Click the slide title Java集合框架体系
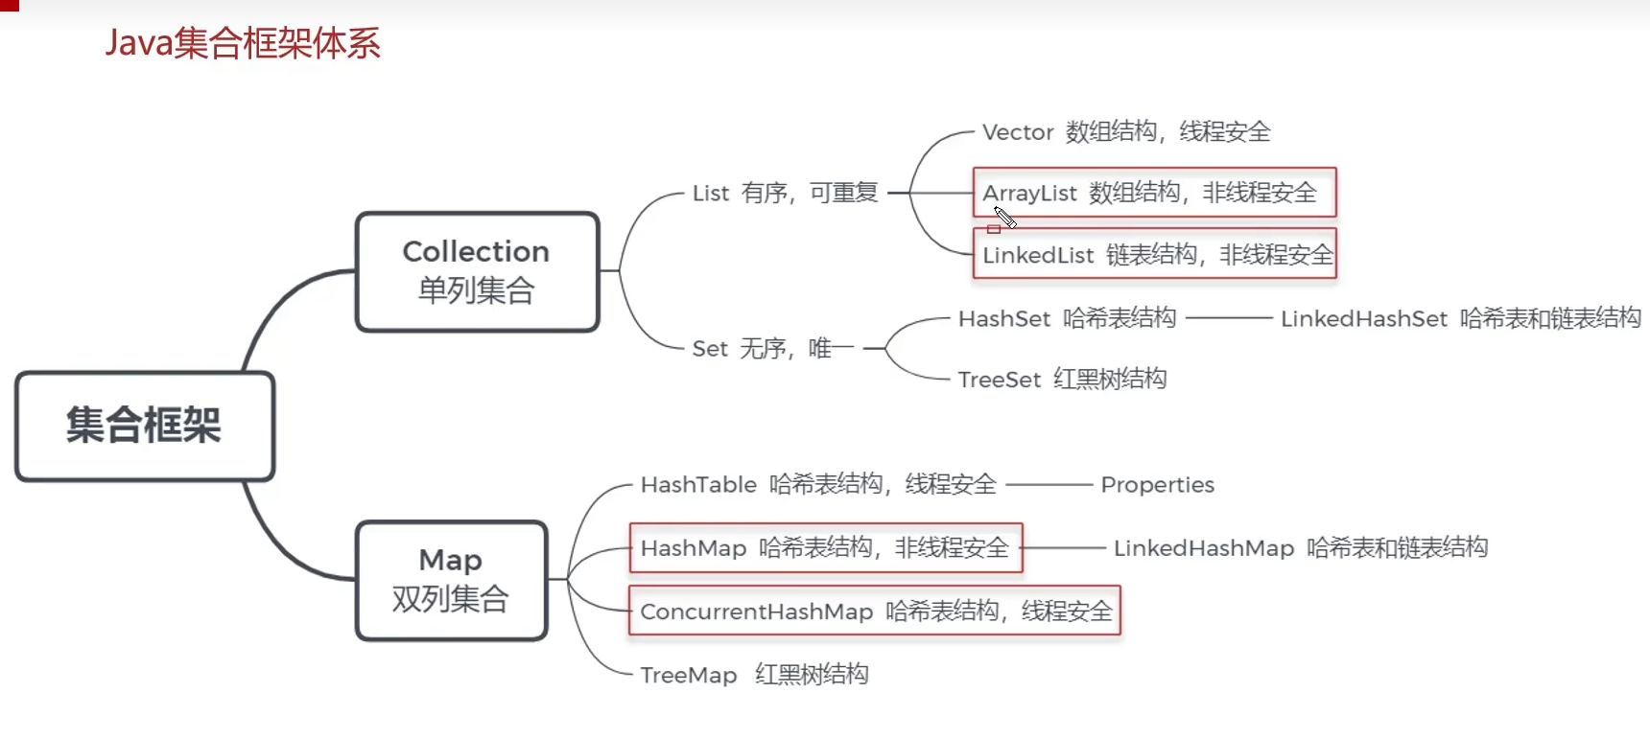point(242,44)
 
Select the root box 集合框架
point(145,426)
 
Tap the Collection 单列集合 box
point(477,271)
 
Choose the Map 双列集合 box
point(451,580)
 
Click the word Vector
point(1018,132)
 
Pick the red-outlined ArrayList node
point(1154,193)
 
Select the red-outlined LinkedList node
point(1154,254)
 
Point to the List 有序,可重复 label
point(785,193)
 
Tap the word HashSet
point(1004,318)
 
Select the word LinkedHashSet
point(1363,318)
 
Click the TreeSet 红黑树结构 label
point(1062,380)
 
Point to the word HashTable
point(698,485)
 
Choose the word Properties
point(1157,485)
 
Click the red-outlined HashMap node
point(825,548)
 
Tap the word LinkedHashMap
point(1203,548)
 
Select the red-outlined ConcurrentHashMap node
point(874,611)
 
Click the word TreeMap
point(688,675)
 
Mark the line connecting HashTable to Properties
point(1049,485)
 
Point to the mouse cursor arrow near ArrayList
point(1003,217)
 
